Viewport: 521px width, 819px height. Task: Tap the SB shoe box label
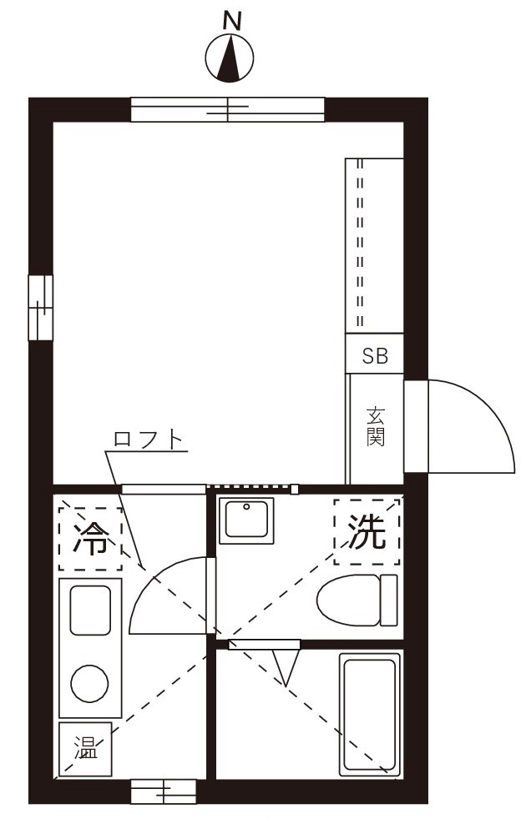(375, 356)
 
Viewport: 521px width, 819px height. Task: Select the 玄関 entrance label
(376, 426)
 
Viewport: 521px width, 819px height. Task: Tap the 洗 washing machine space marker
(367, 532)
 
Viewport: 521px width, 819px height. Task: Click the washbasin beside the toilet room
(246, 521)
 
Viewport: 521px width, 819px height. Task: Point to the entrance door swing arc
(468, 425)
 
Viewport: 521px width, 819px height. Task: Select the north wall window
(227, 109)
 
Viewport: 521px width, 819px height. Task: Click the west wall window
(40, 308)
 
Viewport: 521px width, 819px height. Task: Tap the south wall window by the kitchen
(163, 791)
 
